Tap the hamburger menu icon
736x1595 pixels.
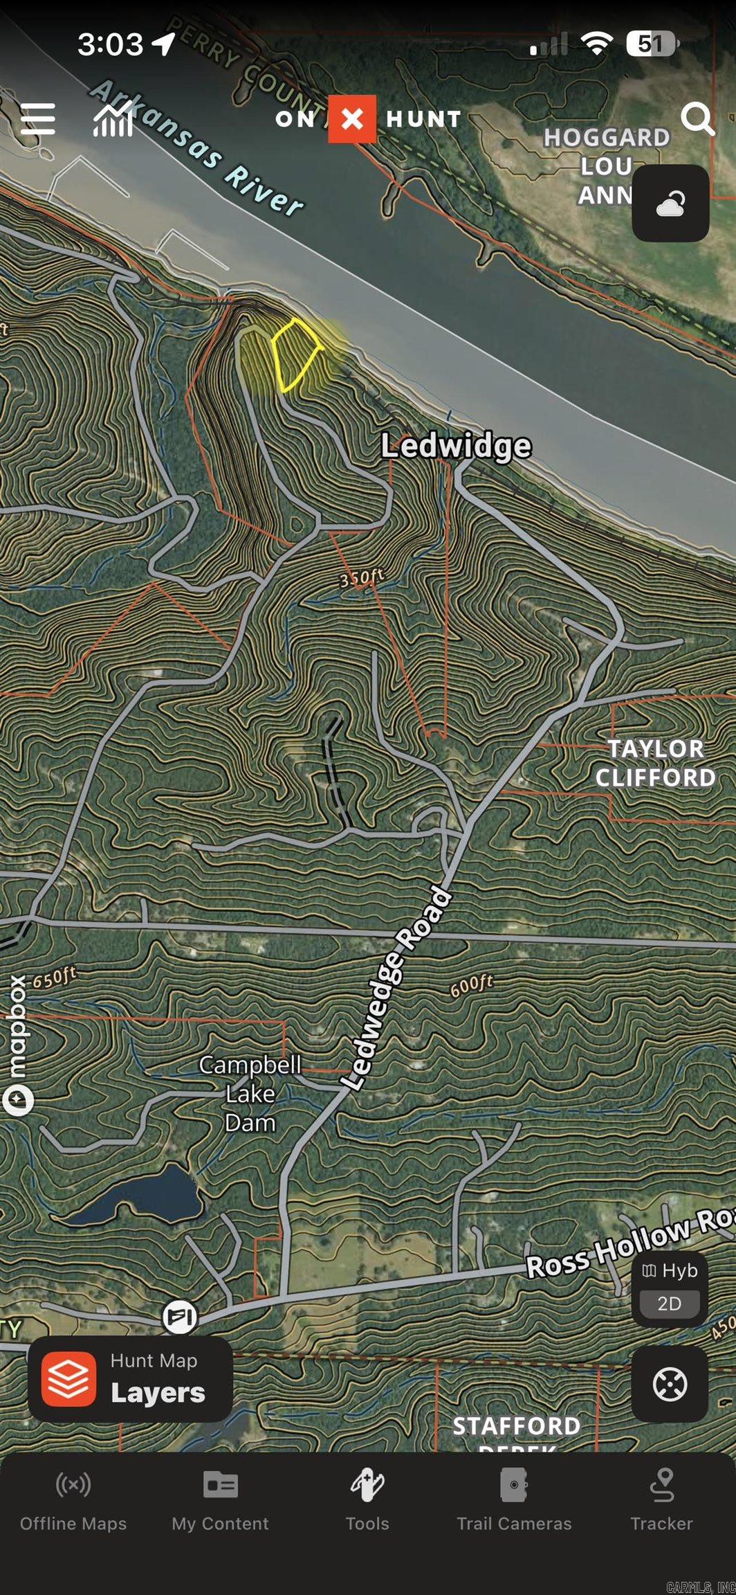pos(38,118)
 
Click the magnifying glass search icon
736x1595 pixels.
pos(697,119)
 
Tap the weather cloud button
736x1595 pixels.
pos(670,204)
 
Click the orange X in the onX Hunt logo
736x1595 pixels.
pos(351,119)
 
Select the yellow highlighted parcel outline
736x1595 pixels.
pos(295,354)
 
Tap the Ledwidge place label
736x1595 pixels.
pos(457,446)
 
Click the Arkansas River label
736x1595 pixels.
pos(197,147)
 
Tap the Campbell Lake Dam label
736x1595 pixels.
pos(250,1093)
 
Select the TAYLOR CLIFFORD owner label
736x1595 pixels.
pos(654,763)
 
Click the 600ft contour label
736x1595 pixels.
pos(472,985)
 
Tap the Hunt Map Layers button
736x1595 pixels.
pos(130,1378)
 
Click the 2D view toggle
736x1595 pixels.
pos(669,1304)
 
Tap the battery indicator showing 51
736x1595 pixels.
pos(651,44)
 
